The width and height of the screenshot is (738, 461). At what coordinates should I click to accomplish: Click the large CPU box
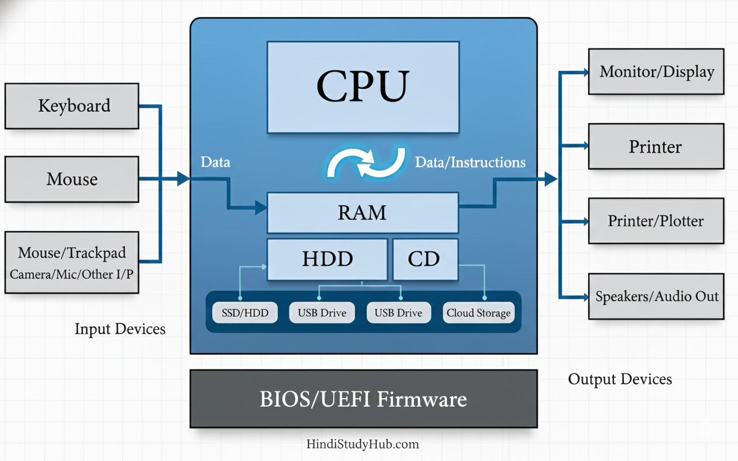(363, 86)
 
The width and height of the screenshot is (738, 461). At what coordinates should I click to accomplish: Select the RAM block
(363, 213)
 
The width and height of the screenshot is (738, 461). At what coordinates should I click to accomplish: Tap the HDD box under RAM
(327, 259)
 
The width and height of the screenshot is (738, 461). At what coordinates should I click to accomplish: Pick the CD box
(425, 259)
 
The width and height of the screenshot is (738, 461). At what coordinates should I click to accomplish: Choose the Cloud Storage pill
(478, 313)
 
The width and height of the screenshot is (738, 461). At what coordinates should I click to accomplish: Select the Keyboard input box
(72, 106)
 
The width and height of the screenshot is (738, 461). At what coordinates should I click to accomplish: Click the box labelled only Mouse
(72, 179)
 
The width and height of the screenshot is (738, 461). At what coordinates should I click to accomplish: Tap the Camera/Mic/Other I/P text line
(71, 274)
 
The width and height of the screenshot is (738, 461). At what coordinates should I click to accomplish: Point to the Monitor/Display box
(656, 72)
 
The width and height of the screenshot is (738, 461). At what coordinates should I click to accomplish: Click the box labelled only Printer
(656, 146)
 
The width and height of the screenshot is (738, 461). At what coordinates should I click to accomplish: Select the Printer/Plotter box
(656, 221)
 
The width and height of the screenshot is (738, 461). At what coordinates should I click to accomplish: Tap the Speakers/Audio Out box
(656, 296)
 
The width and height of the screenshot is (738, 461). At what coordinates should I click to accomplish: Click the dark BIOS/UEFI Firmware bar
(363, 399)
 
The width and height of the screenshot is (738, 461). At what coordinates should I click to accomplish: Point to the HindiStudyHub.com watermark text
(363, 444)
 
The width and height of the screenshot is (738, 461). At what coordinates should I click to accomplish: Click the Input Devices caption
(120, 329)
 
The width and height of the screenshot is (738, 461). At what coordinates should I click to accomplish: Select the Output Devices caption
(620, 379)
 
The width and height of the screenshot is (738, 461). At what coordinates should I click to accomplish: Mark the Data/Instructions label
(470, 163)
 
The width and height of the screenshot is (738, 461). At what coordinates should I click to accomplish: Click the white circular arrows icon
(363, 162)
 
